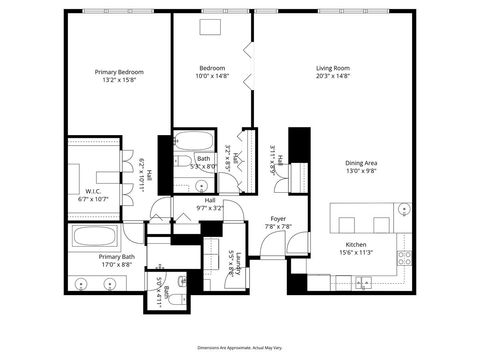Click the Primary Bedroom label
[119, 72]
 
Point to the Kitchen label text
[359, 244]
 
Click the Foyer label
[278, 218]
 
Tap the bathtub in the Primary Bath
[95, 238]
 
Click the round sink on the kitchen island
[403, 209]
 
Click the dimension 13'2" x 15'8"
[119, 81]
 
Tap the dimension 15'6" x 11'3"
[359, 253]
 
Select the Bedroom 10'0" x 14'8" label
[211, 72]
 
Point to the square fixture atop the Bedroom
[211, 27]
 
